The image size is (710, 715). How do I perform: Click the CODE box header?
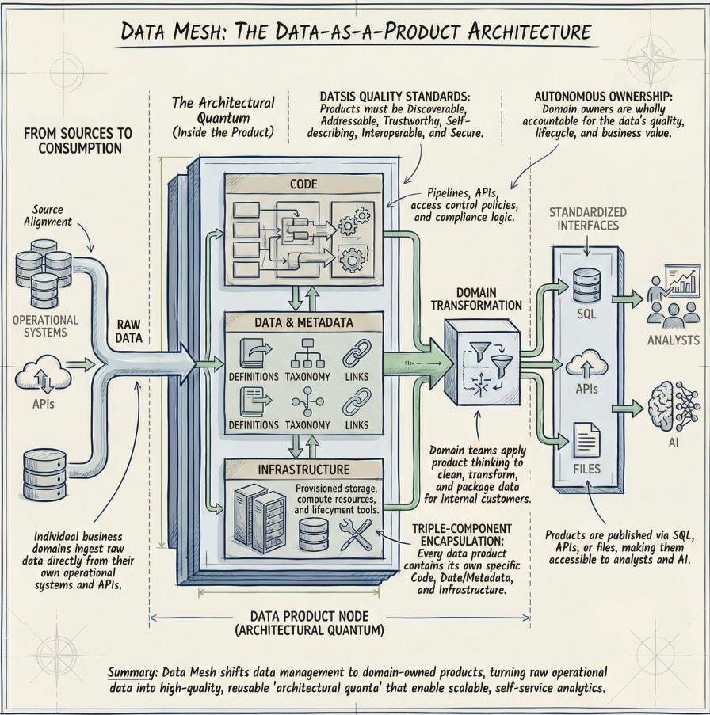(303, 184)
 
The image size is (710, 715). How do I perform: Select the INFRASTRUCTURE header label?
(304, 470)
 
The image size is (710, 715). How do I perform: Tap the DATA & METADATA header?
(304, 322)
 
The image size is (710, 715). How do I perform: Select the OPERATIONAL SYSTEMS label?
(45, 326)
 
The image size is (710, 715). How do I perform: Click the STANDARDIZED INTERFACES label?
(587, 219)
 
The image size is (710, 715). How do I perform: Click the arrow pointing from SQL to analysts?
(627, 299)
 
